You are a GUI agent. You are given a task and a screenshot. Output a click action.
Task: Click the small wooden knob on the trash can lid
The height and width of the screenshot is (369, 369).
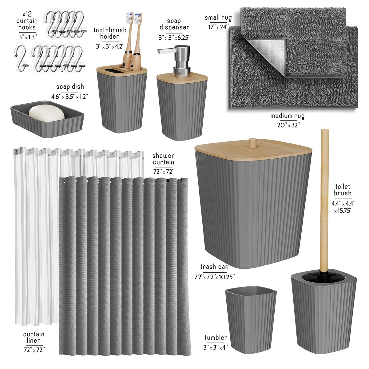252,143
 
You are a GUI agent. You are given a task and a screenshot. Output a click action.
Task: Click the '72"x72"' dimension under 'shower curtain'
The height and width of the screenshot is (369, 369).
164,171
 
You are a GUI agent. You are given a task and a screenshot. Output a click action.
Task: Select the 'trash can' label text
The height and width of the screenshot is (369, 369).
214,267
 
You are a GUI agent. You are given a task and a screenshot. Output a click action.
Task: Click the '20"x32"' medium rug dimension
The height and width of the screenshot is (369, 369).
287,125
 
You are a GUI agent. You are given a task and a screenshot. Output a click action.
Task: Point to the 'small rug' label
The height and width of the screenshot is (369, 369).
218,18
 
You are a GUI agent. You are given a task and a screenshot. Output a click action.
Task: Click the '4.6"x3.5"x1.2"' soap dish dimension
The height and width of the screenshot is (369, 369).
70,96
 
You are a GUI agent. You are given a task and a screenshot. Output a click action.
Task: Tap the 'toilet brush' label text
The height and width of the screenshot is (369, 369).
343,190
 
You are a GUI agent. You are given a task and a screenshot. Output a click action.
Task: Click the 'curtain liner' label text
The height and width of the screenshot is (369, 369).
34,337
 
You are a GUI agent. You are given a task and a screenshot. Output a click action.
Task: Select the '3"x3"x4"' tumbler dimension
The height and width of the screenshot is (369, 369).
216,347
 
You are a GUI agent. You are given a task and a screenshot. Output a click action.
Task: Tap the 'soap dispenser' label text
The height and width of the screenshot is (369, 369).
174,24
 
